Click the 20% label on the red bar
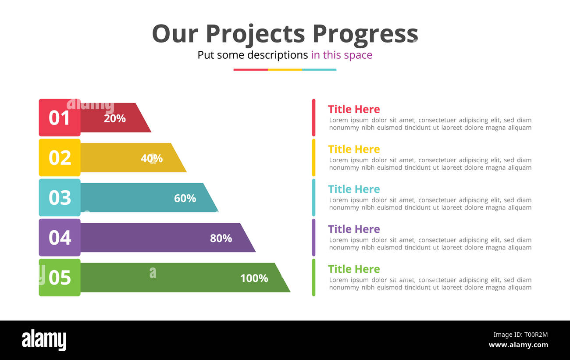115,118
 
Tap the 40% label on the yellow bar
152,158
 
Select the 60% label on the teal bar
185,198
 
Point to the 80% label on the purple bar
221,238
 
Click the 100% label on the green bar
254,278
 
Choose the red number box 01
60,118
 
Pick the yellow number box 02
60,157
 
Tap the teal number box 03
60,197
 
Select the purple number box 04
60,237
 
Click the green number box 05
60,277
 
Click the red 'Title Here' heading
354,109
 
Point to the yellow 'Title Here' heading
354,149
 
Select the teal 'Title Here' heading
354,189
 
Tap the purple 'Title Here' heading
354,229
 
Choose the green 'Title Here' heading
354,269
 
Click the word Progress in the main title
365,34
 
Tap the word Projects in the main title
255,34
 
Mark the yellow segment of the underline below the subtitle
285,69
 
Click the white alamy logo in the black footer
44,340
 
